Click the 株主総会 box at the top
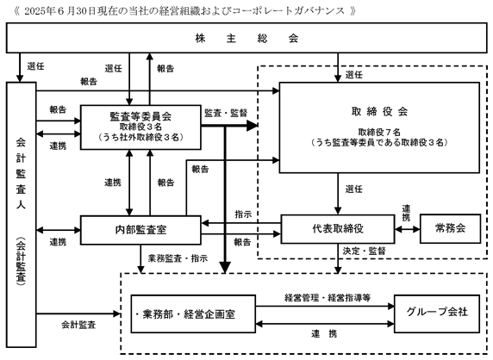246,38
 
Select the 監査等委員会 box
140,127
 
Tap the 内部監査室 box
140,230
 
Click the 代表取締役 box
338,229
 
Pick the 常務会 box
450,229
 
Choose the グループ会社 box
437,313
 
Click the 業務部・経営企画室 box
193,313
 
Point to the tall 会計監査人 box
21,214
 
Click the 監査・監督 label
226,113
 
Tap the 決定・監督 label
364,251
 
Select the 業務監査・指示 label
178,258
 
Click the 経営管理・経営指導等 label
328,297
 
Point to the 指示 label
243,214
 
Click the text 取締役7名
379,133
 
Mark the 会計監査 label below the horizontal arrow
78,325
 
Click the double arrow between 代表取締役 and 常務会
408,229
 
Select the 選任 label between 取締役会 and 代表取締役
354,189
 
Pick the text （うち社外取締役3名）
140,137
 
